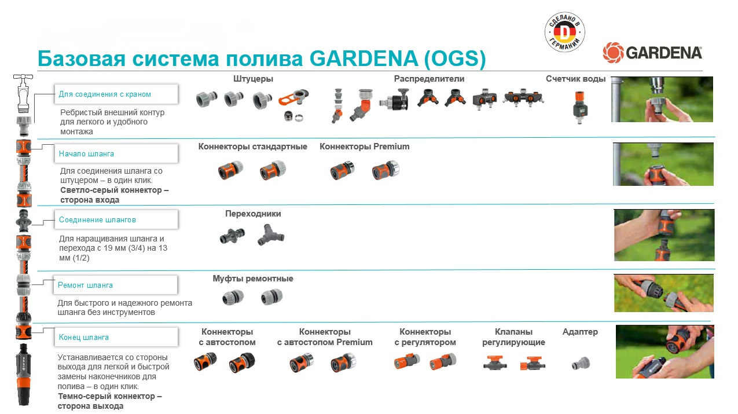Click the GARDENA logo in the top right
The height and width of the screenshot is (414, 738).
652,53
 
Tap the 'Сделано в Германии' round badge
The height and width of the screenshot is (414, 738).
565,32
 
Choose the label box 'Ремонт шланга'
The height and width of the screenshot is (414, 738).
116,285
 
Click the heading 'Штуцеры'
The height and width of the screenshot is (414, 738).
253,79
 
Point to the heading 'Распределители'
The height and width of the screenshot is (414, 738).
429,79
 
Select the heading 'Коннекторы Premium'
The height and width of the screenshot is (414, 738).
364,146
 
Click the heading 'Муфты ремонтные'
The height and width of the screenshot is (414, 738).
253,279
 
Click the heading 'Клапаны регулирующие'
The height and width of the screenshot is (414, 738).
513,337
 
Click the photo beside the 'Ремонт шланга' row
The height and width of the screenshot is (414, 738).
663,293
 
